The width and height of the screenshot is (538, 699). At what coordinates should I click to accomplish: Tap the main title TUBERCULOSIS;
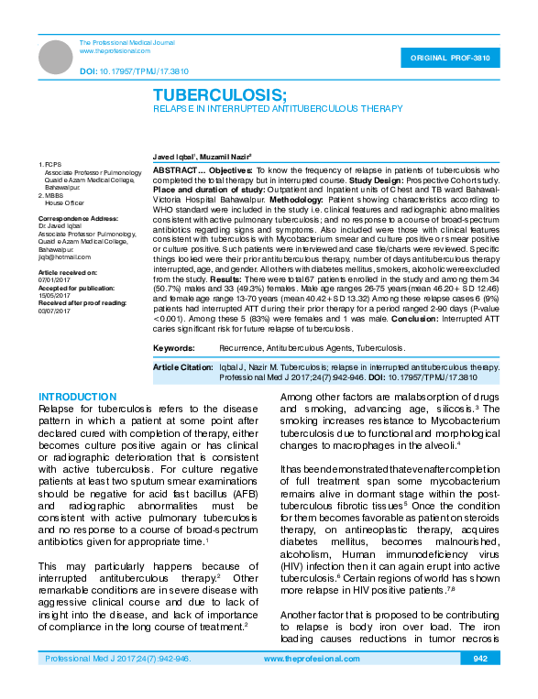click(x=220, y=95)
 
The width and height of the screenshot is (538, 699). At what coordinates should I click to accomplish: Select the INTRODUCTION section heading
click(x=77, y=397)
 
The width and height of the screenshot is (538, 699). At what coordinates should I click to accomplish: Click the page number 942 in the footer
click(x=480, y=684)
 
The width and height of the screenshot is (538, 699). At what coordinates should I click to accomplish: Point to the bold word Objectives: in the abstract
click(x=229, y=171)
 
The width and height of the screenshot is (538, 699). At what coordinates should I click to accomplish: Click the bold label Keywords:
click(x=173, y=348)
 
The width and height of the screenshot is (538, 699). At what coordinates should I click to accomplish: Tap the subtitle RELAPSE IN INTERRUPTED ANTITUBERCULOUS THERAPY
click(x=277, y=108)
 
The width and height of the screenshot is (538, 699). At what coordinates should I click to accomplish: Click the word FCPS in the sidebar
click(x=52, y=165)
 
